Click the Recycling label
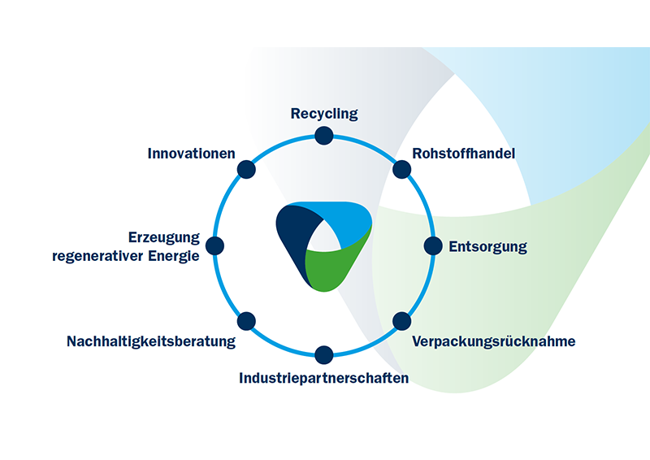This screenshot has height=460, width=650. point(324,114)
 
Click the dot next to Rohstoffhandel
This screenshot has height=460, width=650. point(401,169)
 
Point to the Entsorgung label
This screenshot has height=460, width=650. point(487,246)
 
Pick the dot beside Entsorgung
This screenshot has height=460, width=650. point(433,245)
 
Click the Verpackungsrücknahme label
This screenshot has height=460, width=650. point(493,341)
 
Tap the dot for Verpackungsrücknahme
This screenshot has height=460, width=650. point(401,321)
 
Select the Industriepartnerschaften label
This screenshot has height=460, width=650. point(323,378)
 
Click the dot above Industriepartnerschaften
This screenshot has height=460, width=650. point(324,354)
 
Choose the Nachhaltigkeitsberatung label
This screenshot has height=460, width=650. point(151,341)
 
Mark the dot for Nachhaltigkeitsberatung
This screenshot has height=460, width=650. point(247,321)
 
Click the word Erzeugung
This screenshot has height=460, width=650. point(164,237)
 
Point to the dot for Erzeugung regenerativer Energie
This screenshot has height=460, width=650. point(215,245)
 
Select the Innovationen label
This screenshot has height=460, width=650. point(192,153)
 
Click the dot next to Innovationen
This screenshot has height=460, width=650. point(247,169)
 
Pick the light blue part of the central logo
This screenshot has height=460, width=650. point(345,223)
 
